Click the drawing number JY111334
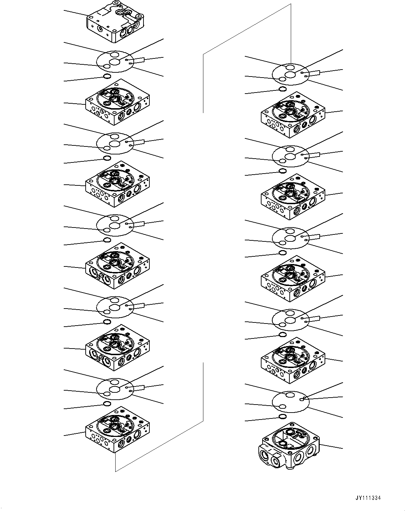point(368,498)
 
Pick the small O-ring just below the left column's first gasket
point(107,77)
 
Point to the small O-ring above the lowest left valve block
point(107,404)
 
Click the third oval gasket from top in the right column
point(290,238)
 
